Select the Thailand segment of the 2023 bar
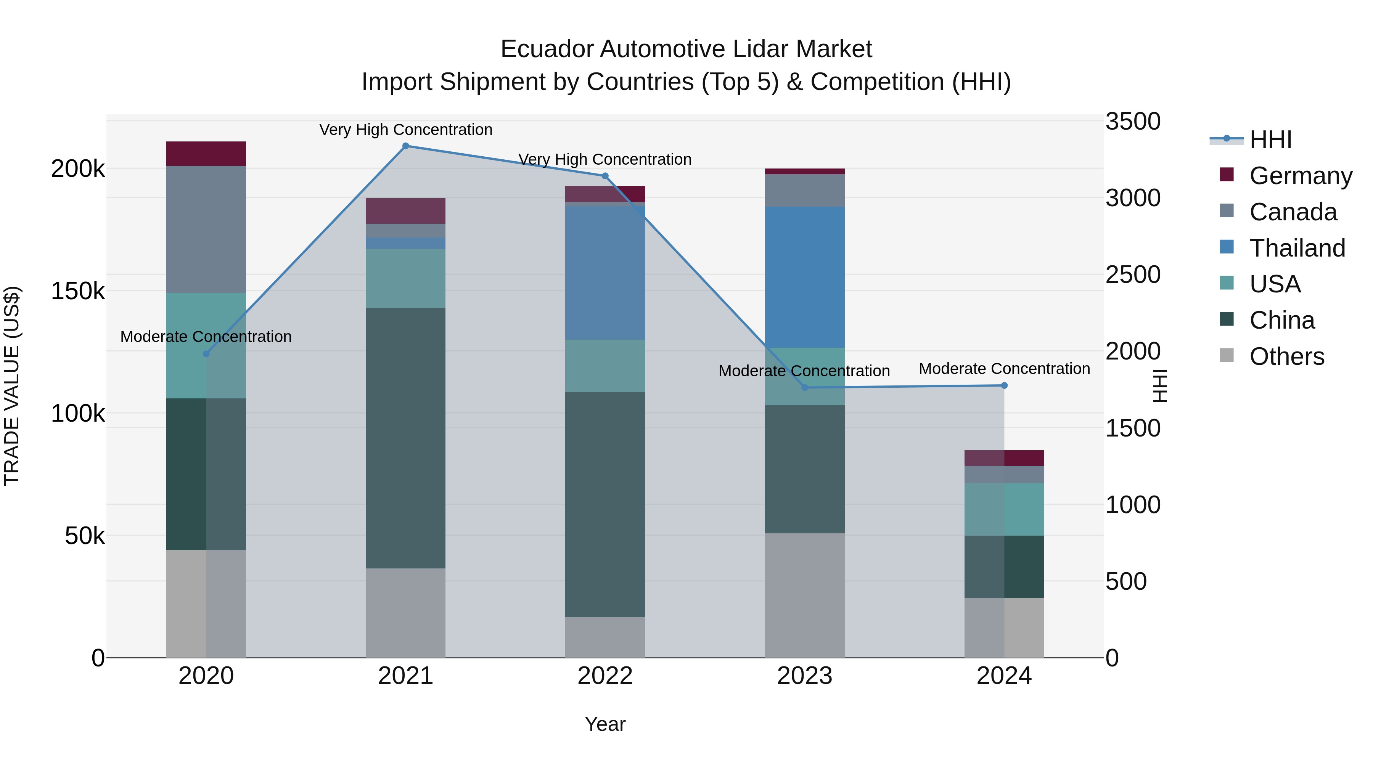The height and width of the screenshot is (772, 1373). point(805,277)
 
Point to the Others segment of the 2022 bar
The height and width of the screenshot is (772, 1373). point(605,637)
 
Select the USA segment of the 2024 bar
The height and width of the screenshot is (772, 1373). point(1004,509)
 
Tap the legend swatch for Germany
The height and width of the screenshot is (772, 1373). point(1227,175)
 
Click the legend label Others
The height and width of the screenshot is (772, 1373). point(1287,356)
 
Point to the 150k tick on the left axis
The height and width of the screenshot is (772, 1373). point(78,291)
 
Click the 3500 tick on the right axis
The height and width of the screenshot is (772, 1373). point(1133,122)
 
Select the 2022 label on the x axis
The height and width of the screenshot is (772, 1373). point(605,676)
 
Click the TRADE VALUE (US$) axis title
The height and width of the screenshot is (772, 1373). point(12,386)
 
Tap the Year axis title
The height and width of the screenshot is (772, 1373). point(605,724)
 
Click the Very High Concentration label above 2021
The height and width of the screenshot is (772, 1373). point(406,130)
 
